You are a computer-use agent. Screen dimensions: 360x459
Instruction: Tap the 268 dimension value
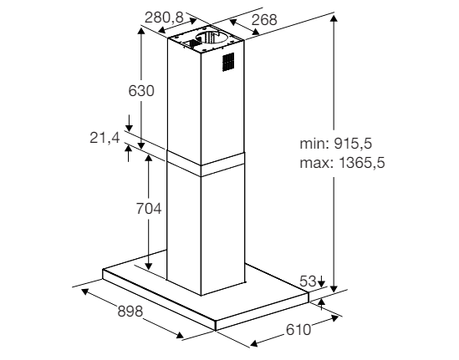pos(264,20)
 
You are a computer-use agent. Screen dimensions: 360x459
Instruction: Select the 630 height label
pos(141,91)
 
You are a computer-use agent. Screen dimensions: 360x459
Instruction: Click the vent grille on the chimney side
pos(228,63)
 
